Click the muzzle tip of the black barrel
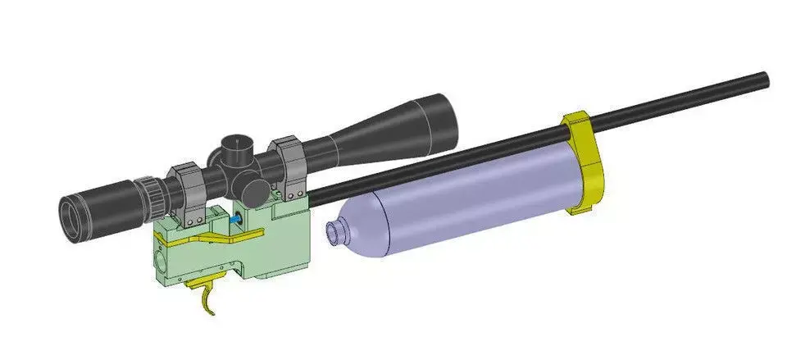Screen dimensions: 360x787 (766, 79)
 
